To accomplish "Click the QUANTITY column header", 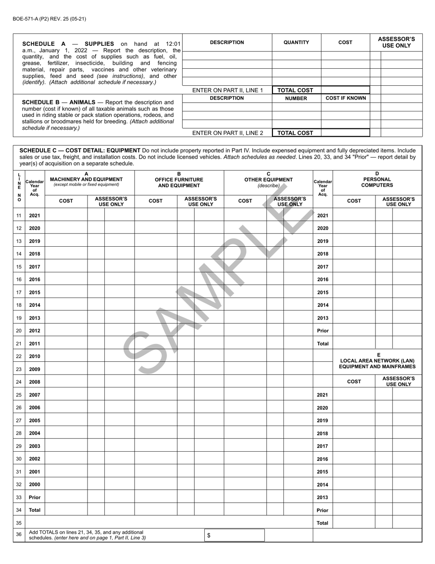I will (296, 43).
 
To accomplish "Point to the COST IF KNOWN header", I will (345, 98).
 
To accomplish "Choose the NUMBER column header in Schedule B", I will (296, 98).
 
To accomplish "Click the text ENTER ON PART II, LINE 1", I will (228, 90).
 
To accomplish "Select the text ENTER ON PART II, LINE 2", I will (228, 133).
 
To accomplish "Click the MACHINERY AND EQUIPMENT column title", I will (86, 179).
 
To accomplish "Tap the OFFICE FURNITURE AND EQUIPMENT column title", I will (179, 182).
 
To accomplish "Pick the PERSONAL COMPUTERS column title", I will (377, 182).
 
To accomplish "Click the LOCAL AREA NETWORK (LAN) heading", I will (377, 361).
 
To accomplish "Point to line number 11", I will (19, 216).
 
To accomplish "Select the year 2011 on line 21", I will (34, 343).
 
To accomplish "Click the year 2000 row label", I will (34, 484).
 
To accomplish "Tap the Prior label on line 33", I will (34, 497).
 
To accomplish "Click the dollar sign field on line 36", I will (234, 535).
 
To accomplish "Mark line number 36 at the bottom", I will (19, 535).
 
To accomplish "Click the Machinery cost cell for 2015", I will (66, 292).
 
